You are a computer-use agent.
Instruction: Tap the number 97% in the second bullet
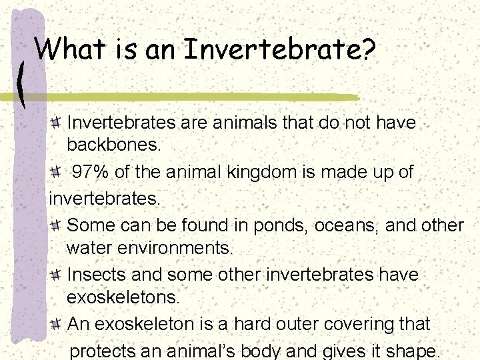91,173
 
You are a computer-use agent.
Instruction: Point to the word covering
360,325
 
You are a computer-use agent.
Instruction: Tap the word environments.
150,249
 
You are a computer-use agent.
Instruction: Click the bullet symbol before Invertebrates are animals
57,123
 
